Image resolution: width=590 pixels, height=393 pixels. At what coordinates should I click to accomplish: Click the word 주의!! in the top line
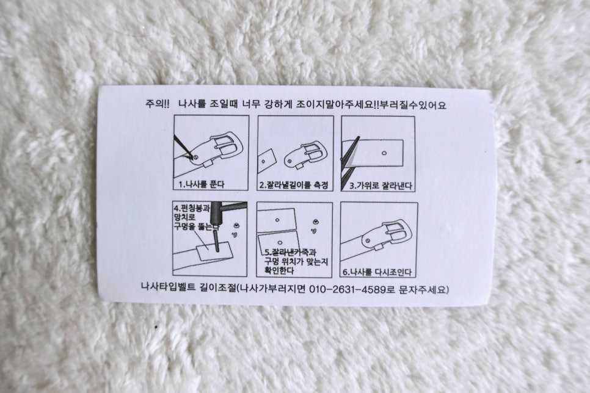point(158,104)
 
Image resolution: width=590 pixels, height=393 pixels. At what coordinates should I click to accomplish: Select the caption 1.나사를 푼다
point(202,184)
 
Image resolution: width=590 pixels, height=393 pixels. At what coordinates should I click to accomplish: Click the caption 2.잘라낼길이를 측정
point(294,185)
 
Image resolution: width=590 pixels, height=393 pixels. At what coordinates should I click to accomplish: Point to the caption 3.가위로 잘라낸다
point(381,186)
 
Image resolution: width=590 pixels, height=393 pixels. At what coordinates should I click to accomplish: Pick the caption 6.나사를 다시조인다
point(377,272)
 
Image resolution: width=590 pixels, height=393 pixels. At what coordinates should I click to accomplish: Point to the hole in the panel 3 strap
point(384,153)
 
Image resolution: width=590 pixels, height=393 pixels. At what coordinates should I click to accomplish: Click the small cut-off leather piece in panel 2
point(267,161)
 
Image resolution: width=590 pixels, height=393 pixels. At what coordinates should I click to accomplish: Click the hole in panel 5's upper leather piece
point(277,220)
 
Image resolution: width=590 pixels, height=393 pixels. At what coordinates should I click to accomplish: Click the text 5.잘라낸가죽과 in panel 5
point(291,253)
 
